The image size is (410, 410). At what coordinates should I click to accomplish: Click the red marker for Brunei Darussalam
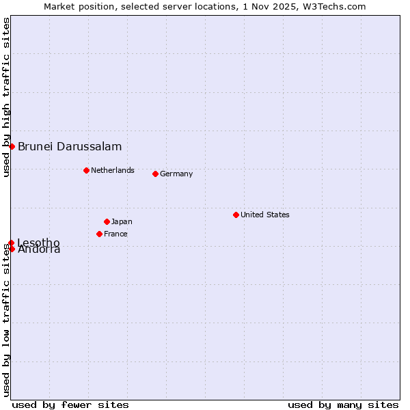click(x=12, y=146)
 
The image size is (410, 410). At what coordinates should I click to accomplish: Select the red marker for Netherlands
click(x=86, y=170)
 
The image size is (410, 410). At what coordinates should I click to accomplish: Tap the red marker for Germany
click(x=155, y=174)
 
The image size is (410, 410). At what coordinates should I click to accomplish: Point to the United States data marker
click(x=236, y=215)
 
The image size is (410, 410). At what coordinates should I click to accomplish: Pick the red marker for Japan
click(x=107, y=221)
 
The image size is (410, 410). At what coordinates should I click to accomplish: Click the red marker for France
click(x=99, y=234)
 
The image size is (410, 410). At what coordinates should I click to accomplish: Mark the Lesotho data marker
click(x=12, y=243)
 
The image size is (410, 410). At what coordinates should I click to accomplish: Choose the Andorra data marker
click(x=12, y=249)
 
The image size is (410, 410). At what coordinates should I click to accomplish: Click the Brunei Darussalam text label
click(x=70, y=146)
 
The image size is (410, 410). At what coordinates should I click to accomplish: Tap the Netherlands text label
click(x=112, y=170)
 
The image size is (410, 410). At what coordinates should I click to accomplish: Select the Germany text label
click(x=176, y=174)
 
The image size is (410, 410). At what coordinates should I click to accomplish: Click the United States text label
click(x=264, y=215)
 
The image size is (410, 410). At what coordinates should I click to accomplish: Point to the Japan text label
click(x=122, y=221)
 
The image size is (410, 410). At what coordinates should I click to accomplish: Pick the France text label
click(x=115, y=234)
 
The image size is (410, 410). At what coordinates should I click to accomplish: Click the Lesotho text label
click(x=38, y=242)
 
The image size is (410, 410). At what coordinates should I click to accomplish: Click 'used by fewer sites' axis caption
click(x=70, y=405)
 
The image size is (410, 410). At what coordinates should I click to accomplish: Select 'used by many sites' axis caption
click(x=343, y=405)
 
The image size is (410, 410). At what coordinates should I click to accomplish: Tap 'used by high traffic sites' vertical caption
click(x=6, y=97)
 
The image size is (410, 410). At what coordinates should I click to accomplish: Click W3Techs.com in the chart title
click(x=336, y=6)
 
